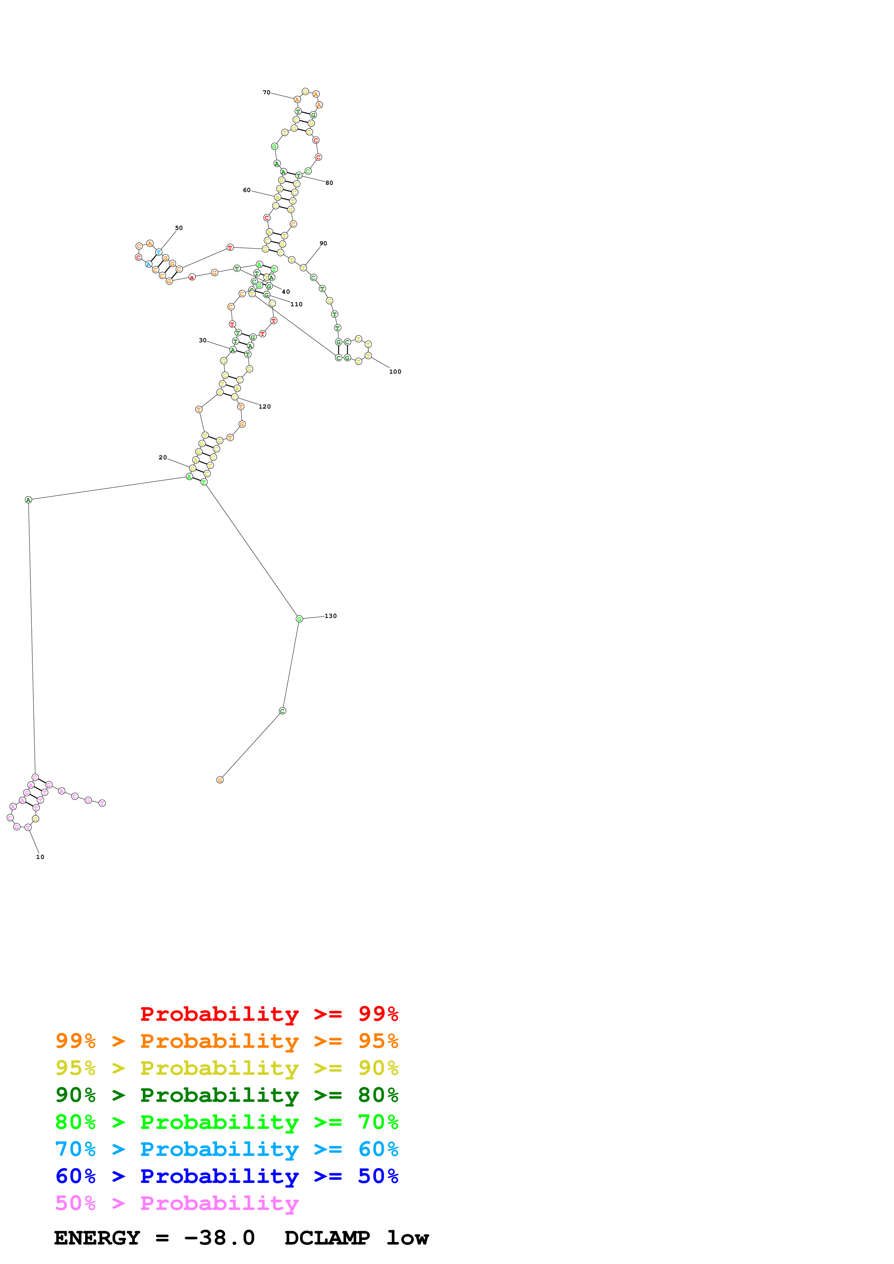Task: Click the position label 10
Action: click(40, 857)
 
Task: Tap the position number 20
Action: click(163, 458)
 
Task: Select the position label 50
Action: click(179, 228)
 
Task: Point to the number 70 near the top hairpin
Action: click(267, 93)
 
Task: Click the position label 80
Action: click(329, 183)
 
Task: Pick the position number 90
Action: click(323, 243)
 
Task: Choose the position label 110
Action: click(296, 304)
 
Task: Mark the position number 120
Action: click(265, 407)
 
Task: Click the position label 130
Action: click(330, 616)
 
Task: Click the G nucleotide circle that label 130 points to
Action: click(299, 619)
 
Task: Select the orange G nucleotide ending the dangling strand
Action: click(220, 780)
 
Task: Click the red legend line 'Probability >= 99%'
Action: click(269, 1014)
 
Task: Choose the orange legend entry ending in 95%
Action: click(226, 1041)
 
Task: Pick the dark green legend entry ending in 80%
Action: click(226, 1095)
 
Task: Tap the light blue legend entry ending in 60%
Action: click(226, 1149)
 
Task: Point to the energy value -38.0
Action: click(219, 1238)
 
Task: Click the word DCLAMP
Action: click(327, 1238)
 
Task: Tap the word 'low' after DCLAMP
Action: click(407, 1238)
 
